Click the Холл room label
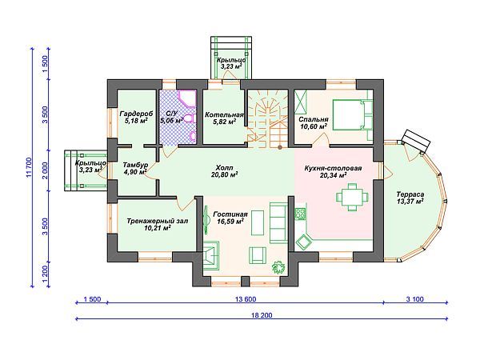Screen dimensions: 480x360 click(224, 168)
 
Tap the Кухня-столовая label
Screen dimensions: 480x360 click(333, 168)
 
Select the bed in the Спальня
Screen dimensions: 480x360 click(352, 114)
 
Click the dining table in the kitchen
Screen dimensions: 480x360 click(352, 197)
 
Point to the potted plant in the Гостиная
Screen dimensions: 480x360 click(278, 267)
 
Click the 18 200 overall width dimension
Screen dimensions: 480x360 click(262, 315)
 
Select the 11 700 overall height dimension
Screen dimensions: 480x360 click(29, 167)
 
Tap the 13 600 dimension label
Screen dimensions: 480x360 click(246, 299)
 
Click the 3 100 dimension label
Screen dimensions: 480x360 click(414, 299)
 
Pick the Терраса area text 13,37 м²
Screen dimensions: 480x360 click(410, 201)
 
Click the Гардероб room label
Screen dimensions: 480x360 click(136, 114)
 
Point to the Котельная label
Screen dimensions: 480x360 click(224, 114)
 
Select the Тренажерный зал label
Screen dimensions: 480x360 click(158, 221)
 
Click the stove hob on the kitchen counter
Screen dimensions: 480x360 click(300, 213)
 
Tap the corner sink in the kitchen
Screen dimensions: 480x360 click(303, 242)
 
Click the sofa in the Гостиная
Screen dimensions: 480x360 click(278, 222)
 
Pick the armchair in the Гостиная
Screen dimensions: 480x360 click(257, 254)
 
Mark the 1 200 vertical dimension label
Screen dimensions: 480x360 click(46, 274)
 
